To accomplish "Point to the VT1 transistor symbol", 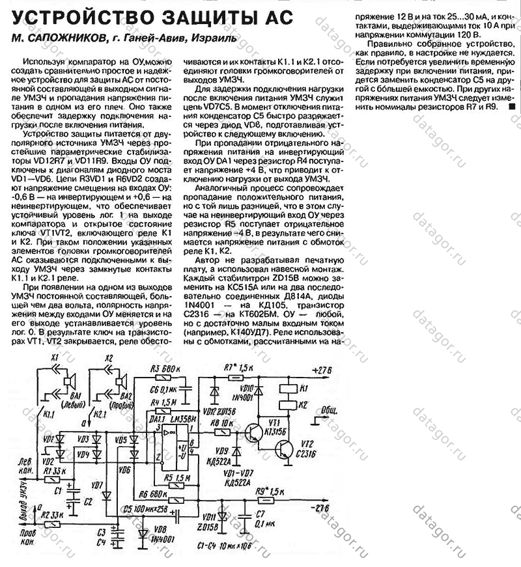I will (256, 432).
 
